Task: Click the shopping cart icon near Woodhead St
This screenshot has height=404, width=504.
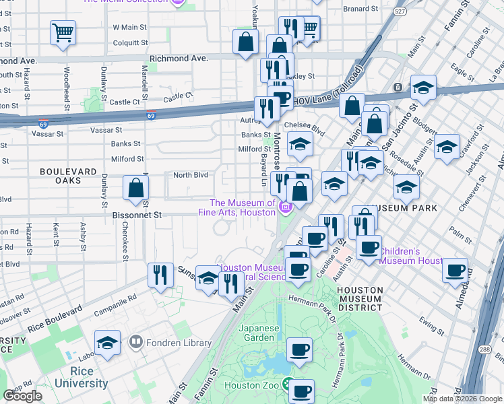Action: pyautogui.click(x=63, y=32)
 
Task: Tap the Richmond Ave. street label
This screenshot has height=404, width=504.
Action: pyautogui.click(x=178, y=59)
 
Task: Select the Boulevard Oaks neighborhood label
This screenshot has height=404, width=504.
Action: pyautogui.click(x=69, y=176)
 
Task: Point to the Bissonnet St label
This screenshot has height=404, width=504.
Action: pyautogui.click(x=138, y=215)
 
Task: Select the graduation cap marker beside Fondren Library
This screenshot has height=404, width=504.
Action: pyautogui.click(x=108, y=343)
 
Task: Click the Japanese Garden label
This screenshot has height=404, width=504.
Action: pyautogui.click(x=259, y=333)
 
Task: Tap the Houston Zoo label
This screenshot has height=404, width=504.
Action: pyautogui.click(x=251, y=385)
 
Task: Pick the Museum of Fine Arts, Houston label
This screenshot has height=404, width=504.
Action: pyautogui.click(x=242, y=207)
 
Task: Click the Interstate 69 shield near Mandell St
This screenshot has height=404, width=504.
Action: pyautogui.click(x=151, y=115)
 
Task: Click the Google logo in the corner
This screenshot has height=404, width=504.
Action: pyautogui.click(x=22, y=396)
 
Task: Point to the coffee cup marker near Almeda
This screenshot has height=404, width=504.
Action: pyautogui.click(x=455, y=271)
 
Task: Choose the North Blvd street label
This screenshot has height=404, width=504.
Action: pyautogui.click(x=191, y=175)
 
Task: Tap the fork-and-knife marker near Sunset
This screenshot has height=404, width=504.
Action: pyautogui.click(x=160, y=275)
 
